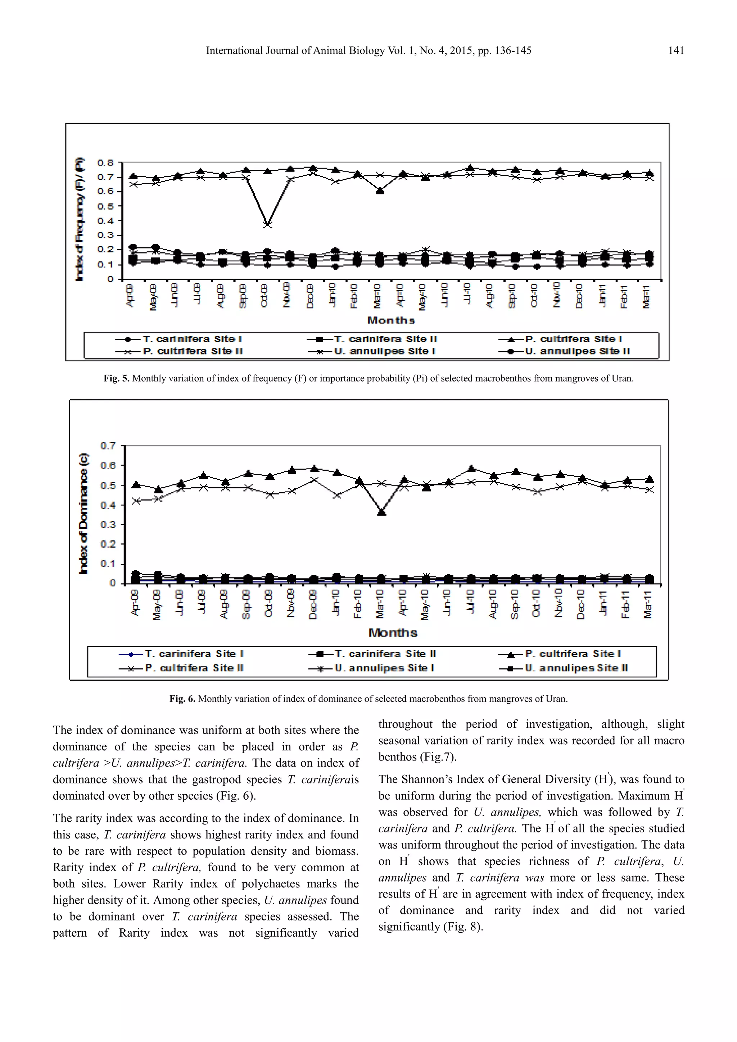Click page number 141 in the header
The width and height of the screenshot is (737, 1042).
[x=676, y=51]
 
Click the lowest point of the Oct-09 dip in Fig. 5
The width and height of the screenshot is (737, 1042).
[x=267, y=224]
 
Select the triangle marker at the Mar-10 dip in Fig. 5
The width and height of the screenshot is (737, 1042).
[x=380, y=191]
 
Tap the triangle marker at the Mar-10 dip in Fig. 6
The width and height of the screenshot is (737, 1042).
[x=381, y=512]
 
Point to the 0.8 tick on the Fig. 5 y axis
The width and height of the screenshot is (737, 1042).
[x=105, y=162]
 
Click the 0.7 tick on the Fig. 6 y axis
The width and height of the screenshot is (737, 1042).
[x=108, y=445]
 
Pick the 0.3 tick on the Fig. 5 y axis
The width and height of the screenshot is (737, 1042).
[x=105, y=235]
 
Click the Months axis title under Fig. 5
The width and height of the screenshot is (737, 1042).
[x=390, y=320]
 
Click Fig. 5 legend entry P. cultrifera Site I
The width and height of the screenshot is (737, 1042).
[x=573, y=339]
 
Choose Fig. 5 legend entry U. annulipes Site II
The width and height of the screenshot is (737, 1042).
[x=577, y=351]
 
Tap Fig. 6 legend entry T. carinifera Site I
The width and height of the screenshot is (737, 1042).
[x=194, y=654]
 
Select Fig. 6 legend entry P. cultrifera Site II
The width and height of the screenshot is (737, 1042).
[x=194, y=668]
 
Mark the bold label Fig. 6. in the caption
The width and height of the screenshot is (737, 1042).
[x=182, y=699]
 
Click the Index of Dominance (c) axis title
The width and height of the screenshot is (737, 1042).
[x=83, y=514]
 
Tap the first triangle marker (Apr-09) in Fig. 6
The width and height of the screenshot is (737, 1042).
[x=135, y=485]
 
